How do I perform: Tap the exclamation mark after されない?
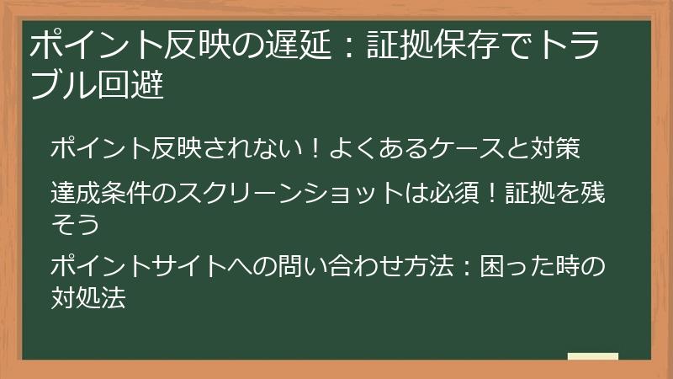click(312, 149)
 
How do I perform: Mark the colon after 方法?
click(465, 269)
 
